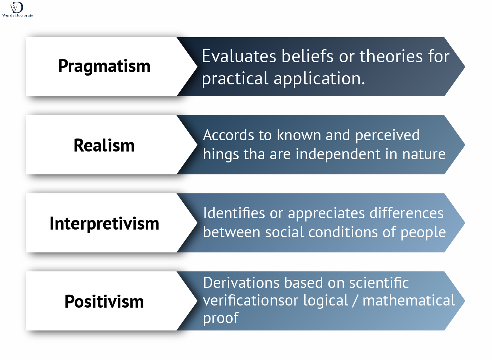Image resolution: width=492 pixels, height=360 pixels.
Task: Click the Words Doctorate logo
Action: [17, 9]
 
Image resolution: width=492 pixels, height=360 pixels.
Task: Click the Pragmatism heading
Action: [104, 66]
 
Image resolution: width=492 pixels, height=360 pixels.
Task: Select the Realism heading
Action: [104, 145]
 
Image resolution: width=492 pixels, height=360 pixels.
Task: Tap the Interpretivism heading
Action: [104, 224]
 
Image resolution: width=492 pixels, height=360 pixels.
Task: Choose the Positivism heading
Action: [104, 302]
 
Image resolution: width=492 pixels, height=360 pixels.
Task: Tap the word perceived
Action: [387, 136]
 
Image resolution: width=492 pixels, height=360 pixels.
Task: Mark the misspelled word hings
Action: [216, 155]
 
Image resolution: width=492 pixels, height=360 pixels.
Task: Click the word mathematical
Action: [409, 301]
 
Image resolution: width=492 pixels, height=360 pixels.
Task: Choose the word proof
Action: [221, 318]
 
